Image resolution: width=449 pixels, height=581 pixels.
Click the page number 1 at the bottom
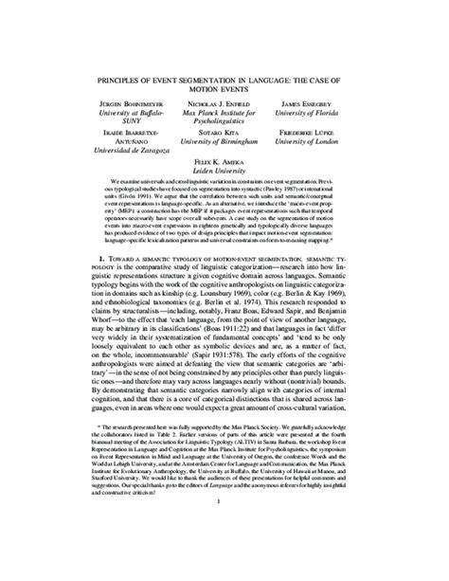coord(224,555)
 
